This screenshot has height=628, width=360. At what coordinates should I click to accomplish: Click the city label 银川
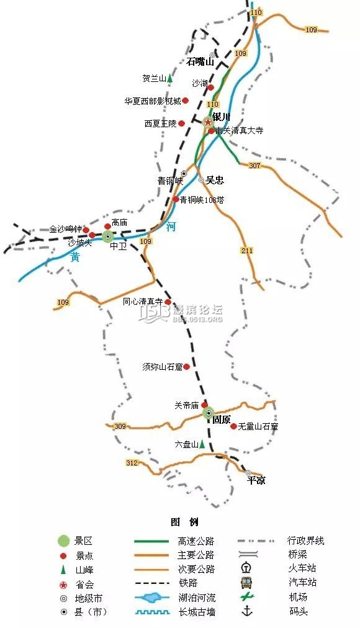click(x=221, y=117)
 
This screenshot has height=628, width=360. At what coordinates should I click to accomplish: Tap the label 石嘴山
click(x=200, y=61)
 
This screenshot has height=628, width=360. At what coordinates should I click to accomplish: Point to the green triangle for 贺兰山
click(x=169, y=79)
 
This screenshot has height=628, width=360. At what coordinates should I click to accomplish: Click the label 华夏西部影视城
click(x=153, y=101)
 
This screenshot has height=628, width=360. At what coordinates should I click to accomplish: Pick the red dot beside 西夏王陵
click(x=182, y=123)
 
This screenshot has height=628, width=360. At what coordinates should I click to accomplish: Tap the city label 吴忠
click(x=215, y=181)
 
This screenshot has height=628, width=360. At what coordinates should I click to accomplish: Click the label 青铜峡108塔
click(x=202, y=200)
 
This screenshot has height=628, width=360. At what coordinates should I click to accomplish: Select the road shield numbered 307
click(x=254, y=166)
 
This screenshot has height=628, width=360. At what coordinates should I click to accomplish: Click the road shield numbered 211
click(x=248, y=250)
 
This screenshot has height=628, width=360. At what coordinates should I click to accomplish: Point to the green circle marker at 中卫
click(x=108, y=236)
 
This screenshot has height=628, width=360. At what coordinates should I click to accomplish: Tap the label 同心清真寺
click(x=143, y=302)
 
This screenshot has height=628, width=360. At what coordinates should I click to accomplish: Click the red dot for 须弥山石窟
click(x=186, y=367)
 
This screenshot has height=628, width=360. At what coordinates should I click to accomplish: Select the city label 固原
click(x=222, y=419)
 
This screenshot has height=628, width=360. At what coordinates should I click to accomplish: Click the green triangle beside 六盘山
click(x=202, y=444)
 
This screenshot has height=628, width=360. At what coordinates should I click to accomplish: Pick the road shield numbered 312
click(x=132, y=463)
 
